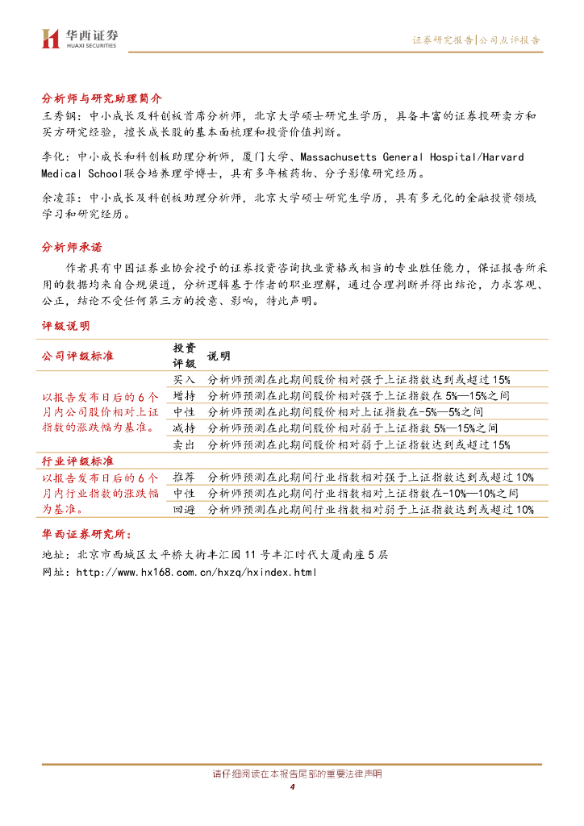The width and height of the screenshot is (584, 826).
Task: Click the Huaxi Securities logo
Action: [80, 38]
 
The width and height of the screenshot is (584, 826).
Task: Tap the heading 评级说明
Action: [65, 326]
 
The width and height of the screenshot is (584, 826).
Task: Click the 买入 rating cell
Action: [184, 379]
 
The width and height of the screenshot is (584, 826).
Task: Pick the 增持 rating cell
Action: [184, 396]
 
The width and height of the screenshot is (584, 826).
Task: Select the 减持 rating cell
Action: [184, 428]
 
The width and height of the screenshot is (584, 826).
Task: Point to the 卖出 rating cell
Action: [184, 444]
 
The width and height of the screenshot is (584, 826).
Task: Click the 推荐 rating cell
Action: [184, 477]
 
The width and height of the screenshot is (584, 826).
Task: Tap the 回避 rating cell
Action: [184, 509]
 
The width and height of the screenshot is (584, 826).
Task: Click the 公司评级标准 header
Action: [77, 356]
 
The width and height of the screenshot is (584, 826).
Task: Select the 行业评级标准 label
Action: [77, 461]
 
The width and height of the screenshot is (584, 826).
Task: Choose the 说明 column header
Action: [219, 356]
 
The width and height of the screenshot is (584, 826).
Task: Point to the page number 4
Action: [292, 787]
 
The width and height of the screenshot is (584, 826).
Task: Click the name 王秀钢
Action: [58, 116]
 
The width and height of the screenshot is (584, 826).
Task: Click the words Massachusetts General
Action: [339, 156]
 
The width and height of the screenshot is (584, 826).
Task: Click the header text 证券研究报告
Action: [443, 40]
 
